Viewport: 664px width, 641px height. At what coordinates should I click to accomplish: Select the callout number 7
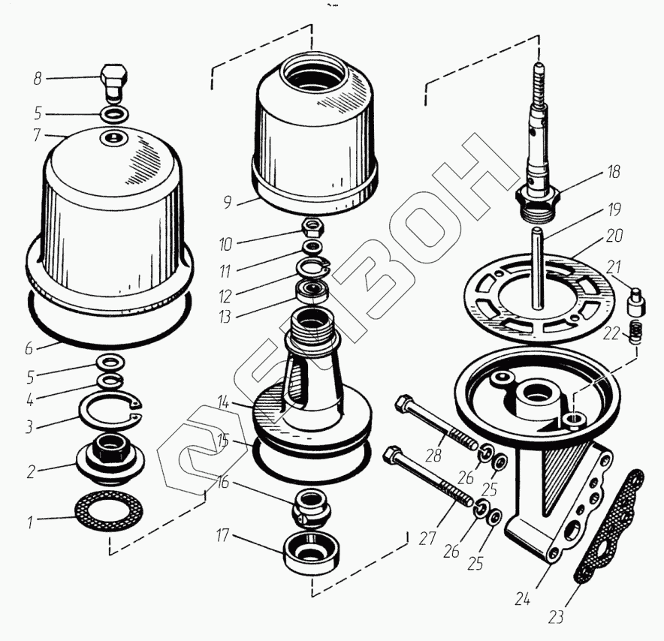pyautogui.click(x=37, y=137)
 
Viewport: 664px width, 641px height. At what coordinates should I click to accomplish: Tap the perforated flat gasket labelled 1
pyautogui.click(x=109, y=512)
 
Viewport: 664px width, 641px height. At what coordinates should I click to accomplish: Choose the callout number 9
pyautogui.click(x=225, y=201)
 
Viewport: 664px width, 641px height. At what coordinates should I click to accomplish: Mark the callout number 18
pyautogui.click(x=614, y=172)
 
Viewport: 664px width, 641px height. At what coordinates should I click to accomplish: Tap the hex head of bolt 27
pyautogui.click(x=392, y=454)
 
